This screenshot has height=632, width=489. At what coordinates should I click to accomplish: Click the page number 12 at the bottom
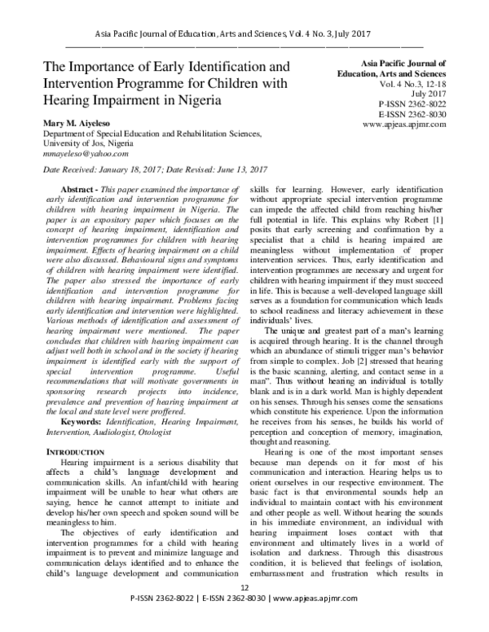pyautogui.click(x=244, y=610)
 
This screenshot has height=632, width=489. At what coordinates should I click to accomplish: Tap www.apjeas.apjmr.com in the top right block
pyautogui.click(x=407, y=126)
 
